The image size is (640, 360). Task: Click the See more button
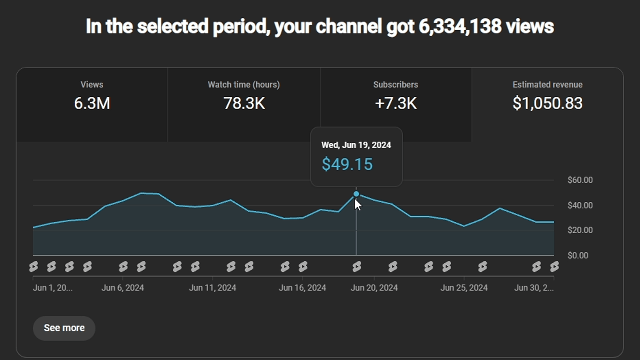tap(64, 328)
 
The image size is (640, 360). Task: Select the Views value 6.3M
tap(92, 103)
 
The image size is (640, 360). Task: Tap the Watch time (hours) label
tap(244, 84)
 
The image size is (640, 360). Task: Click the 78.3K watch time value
tap(244, 103)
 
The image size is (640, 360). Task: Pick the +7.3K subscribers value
tap(396, 103)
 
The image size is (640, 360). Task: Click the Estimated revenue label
tap(547, 84)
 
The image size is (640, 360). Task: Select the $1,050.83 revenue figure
tap(547, 103)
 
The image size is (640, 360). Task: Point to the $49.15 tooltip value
tap(347, 164)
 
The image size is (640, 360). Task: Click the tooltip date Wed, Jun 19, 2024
tap(356, 145)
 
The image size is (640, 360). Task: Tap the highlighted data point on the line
tap(356, 194)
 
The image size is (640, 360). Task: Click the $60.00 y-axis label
tap(580, 180)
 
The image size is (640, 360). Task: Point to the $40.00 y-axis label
tap(580, 205)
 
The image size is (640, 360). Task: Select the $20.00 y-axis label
tap(580, 230)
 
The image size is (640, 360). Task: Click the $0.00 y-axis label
tap(578, 255)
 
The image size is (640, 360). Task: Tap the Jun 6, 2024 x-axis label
tap(122, 288)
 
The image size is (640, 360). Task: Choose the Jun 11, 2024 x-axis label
tap(212, 288)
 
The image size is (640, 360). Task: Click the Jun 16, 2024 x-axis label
tap(302, 288)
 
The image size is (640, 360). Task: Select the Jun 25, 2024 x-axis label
tap(464, 288)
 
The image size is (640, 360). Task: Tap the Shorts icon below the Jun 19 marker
tap(357, 267)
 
